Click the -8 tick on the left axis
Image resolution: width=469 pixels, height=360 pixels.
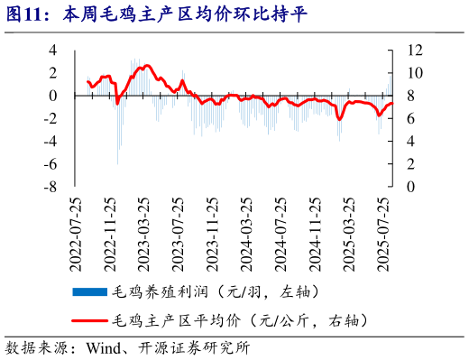pyautogui.click(x=51, y=187)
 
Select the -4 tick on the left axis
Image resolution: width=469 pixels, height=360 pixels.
pyautogui.click(x=51, y=141)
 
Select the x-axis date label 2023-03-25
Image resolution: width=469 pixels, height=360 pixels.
pyautogui.click(x=145, y=233)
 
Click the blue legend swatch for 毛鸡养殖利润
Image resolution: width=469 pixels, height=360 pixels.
pyautogui.click(x=89, y=291)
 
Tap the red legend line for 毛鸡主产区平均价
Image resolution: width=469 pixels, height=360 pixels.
pyautogui.click(x=89, y=318)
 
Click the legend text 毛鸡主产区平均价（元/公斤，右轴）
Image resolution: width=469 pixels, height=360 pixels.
pyautogui.click(x=240, y=318)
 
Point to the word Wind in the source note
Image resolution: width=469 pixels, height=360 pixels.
pyautogui.click(x=101, y=347)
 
